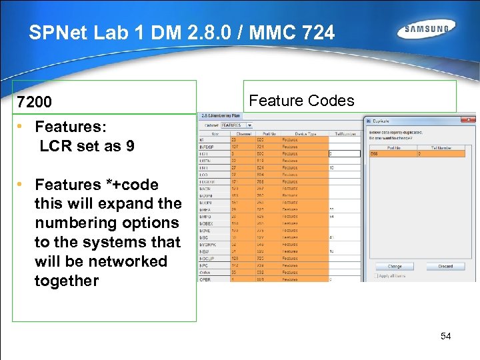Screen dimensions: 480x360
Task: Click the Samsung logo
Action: click(x=427, y=29)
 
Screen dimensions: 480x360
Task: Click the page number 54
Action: click(x=445, y=336)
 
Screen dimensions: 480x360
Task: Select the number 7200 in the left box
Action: click(x=34, y=103)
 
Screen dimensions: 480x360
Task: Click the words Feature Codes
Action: click(x=301, y=101)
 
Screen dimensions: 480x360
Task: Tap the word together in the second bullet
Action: click(x=67, y=281)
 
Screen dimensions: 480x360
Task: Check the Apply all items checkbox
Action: click(x=377, y=275)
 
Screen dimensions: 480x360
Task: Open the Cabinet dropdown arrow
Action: click(x=249, y=124)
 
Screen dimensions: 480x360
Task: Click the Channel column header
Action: click(x=237, y=133)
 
